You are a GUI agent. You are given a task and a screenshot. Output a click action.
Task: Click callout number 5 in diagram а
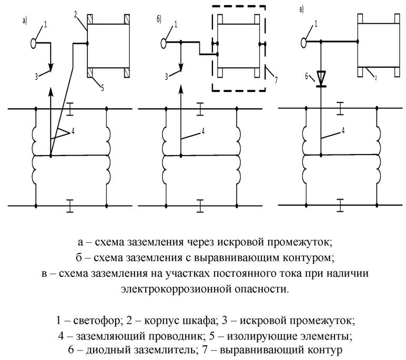(102, 88)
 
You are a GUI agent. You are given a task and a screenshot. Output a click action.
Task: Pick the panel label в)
(300, 10)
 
